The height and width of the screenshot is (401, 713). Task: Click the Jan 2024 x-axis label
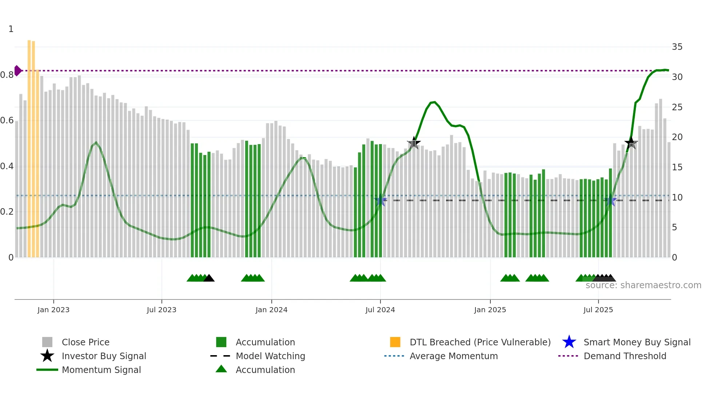271,310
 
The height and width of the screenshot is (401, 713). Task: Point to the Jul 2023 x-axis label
162,310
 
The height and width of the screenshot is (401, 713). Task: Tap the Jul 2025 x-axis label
598,310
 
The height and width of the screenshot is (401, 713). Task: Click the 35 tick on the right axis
677,47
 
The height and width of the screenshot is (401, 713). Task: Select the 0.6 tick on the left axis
7,120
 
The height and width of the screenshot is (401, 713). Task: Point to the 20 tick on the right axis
677,137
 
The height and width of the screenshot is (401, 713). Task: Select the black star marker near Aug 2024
414,143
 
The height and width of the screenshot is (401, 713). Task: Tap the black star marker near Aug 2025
631,143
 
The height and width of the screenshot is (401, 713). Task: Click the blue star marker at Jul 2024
381,200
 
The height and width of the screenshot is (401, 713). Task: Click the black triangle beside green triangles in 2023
209,278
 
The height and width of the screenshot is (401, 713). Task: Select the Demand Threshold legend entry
625,356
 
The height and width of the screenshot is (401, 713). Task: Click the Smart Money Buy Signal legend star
569,342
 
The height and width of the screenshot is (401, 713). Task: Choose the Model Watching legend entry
270,356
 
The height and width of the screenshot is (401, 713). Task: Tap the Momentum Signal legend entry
101,370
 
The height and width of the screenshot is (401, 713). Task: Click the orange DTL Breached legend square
395,342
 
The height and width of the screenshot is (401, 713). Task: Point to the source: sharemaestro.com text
643,285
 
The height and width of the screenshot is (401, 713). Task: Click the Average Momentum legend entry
453,356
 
